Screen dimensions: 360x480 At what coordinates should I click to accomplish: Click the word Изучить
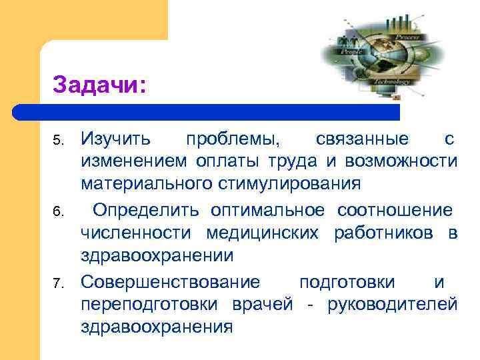(116, 139)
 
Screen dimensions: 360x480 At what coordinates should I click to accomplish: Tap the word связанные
(362, 139)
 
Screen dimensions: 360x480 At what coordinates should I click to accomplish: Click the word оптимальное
(268, 211)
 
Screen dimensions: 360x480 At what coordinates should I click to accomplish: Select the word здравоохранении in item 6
(157, 255)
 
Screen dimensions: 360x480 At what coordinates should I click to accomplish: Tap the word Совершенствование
(171, 283)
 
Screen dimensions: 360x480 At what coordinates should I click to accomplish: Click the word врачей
(263, 305)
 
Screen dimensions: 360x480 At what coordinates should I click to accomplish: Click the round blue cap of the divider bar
(20, 111)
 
